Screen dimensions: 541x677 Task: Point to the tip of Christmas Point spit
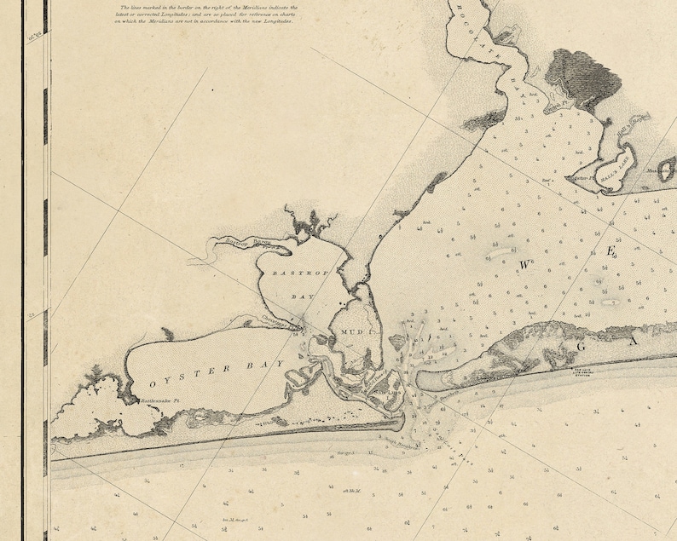[x=300, y=325]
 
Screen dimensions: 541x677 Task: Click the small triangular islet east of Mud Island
[x=397, y=341]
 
